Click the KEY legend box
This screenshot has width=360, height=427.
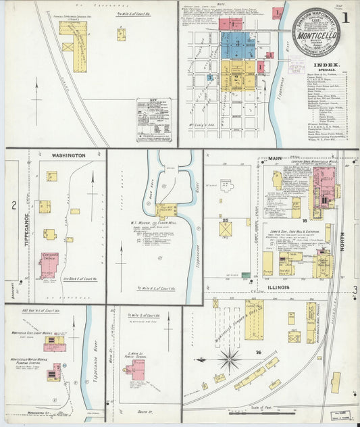153,120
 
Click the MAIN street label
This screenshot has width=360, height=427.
274,159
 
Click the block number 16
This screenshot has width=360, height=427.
305,220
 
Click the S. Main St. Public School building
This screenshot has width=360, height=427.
135,370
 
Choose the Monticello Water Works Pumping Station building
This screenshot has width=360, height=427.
53,371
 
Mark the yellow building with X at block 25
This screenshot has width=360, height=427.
225,229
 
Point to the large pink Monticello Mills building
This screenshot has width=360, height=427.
325,187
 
